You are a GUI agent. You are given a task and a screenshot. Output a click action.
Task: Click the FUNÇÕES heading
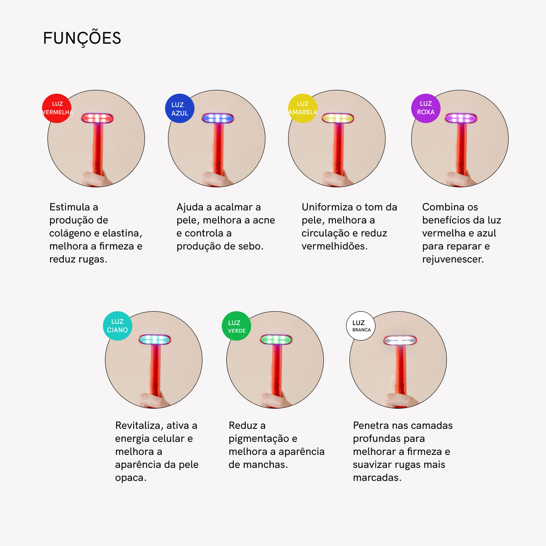tap(82, 39)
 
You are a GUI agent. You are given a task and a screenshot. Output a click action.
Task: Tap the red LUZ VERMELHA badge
tap(57, 108)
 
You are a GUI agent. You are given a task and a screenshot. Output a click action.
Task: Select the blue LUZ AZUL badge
tap(180, 108)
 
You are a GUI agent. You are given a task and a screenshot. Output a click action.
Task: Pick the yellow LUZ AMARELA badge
tap(302, 108)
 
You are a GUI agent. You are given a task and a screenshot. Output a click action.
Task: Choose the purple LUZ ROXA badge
tap(425, 108)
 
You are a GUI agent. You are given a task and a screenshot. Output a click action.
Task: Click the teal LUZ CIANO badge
tap(117, 326)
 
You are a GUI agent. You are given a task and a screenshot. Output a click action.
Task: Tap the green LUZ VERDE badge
tap(236, 326)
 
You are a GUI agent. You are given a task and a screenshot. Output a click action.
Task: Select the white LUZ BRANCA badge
tap(361, 326)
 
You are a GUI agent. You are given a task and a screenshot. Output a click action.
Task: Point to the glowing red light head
tap(97, 118)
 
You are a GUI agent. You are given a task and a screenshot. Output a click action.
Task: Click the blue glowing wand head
tap(218, 118)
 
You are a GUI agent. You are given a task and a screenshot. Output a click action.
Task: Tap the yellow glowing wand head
tap(338, 118)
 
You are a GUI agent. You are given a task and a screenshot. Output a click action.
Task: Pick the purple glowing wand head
tap(461, 118)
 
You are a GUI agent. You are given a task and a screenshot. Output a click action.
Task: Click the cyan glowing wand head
tap(155, 339)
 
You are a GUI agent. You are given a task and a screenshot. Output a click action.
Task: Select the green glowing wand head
tap(276, 339)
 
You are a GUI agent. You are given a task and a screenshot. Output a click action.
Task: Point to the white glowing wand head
tap(400, 340)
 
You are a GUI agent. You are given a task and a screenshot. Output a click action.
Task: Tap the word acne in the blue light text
tap(263, 220)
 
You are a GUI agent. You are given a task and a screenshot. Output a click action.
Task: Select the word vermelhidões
tap(334, 247)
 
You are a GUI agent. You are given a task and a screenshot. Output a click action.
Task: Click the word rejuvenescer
tap(453, 260)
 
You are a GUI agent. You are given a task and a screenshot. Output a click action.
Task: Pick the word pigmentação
tap(260, 438)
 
